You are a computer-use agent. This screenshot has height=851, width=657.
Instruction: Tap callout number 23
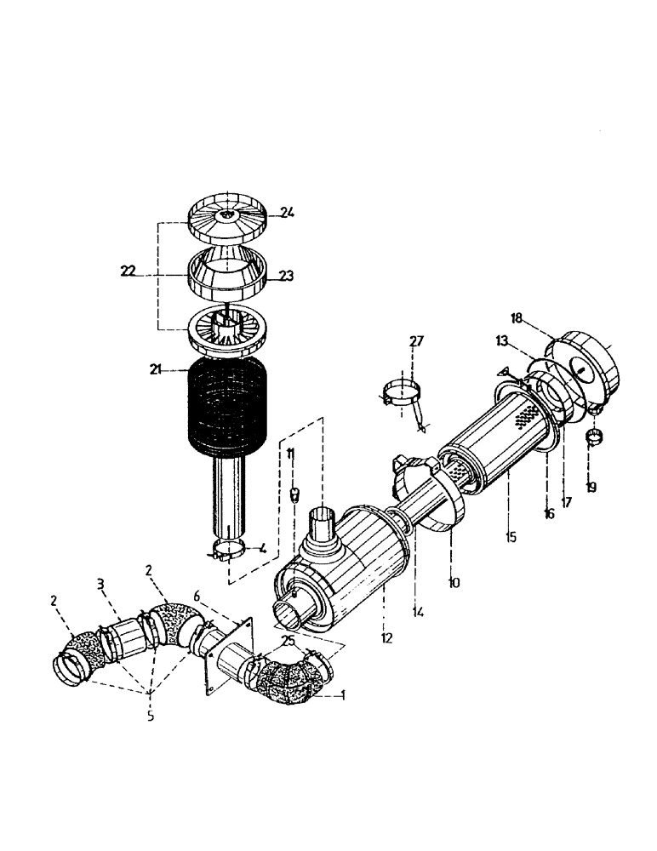click(x=285, y=275)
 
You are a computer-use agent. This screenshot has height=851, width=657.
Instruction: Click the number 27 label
click(x=416, y=342)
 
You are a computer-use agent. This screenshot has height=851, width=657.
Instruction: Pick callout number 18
click(x=517, y=317)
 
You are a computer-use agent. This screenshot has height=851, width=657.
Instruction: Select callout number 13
click(x=503, y=340)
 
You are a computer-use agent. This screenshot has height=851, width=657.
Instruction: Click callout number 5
click(x=150, y=717)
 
